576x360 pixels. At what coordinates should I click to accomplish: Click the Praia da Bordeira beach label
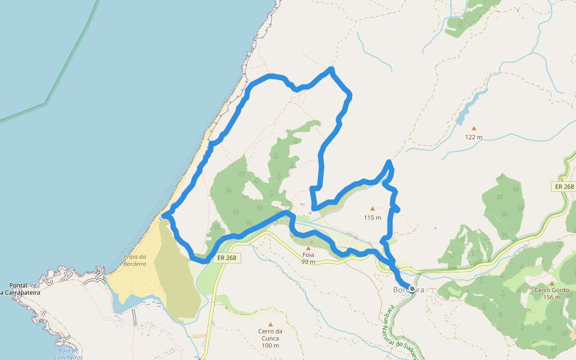pos(134,260)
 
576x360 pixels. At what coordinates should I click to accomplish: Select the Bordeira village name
pos(408,290)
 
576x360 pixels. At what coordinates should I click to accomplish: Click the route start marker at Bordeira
pos(412,289)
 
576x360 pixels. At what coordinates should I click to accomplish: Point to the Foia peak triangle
pos(308,247)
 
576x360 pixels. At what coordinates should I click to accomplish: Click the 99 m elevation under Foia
pos(308,262)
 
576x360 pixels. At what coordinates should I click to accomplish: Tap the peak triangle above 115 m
pos(372,209)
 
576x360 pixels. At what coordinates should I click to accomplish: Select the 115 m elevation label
pos(372,218)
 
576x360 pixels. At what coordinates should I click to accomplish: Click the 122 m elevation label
pos(473,137)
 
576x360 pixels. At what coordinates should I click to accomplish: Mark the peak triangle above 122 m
pos(473,128)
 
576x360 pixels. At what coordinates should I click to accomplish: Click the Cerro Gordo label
pos(551,290)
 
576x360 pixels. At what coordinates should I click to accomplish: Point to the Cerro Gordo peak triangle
pos(551,283)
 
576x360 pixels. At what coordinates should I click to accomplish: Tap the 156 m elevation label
pos(551,297)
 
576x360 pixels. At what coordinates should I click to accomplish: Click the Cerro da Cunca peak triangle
pos(270,325)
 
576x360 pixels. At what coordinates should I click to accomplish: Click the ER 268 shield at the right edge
pos(563,187)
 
